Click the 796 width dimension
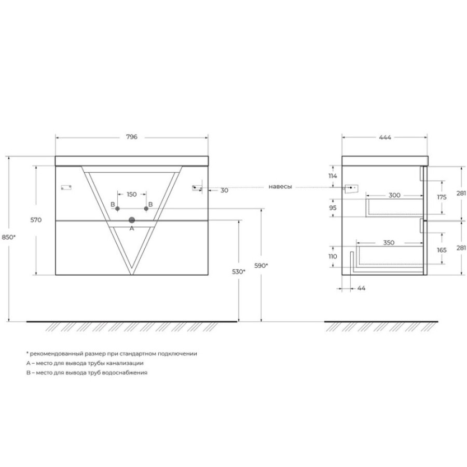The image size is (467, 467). point(132,137)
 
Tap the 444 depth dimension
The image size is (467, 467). point(385,138)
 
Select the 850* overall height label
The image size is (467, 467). point(9,237)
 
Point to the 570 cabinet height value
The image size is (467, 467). point(36,220)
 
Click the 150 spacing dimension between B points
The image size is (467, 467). point(132,195)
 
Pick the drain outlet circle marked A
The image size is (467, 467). point(132,221)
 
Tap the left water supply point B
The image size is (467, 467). point(118,209)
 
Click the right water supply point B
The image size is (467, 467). point(146,209)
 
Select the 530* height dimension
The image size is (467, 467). point(239,271)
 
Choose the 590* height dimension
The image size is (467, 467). point(261,265)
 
